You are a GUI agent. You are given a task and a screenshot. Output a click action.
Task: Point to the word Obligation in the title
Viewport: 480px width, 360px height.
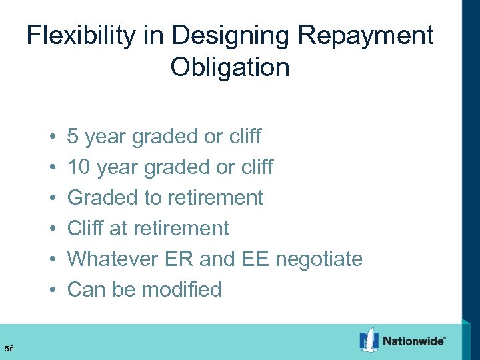(x=230, y=67)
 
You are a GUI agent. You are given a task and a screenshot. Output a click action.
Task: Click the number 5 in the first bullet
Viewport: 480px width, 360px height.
(x=73, y=137)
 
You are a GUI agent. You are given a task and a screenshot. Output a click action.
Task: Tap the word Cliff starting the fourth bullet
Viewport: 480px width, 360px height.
(x=85, y=228)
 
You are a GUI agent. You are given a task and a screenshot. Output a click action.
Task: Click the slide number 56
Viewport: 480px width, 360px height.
(x=9, y=347)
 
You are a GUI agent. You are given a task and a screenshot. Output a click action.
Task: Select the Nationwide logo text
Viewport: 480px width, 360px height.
(x=414, y=341)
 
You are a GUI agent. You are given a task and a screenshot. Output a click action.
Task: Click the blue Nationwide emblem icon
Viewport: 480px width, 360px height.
(x=369, y=339)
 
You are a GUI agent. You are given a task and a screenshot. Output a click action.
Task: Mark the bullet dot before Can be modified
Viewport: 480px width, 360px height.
(x=52, y=290)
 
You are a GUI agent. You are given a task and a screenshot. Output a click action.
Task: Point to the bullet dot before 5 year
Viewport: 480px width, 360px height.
(x=52, y=137)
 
